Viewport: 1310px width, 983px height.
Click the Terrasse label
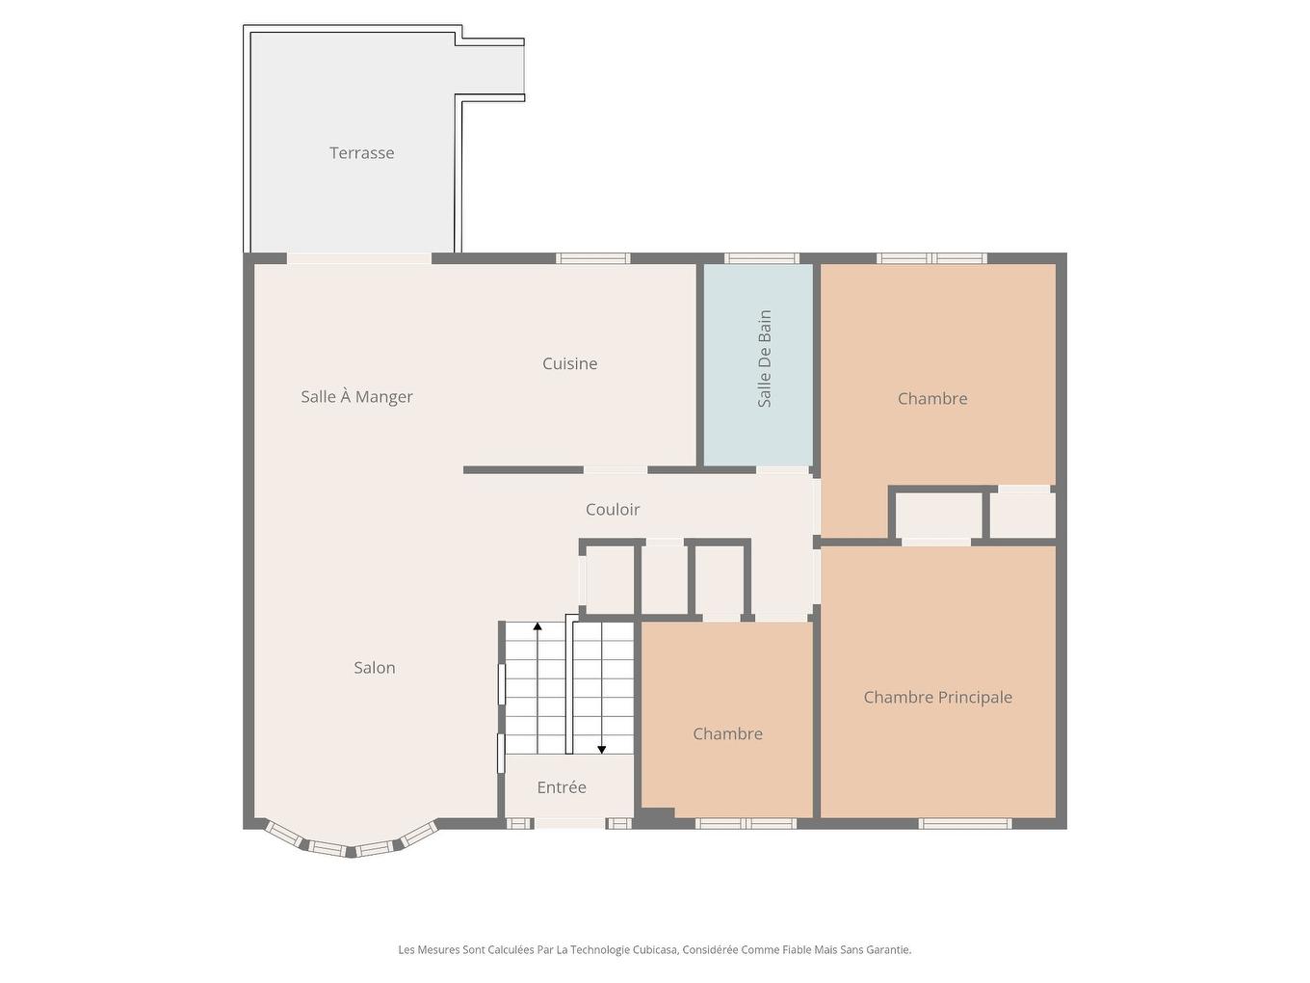[361, 153]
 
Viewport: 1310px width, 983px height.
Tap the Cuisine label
[569, 363]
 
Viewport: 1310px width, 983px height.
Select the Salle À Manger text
[356, 397]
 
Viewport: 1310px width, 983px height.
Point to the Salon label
[374, 667]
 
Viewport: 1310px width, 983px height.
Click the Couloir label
[613, 509]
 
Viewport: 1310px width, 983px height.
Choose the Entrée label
[562, 787]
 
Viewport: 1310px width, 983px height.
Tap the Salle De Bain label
[765, 359]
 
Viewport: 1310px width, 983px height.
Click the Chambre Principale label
[937, 697]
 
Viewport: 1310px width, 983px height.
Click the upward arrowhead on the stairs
[537, 626]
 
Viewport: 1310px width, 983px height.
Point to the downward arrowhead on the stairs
[602, 750]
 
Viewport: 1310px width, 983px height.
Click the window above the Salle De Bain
[762, 258]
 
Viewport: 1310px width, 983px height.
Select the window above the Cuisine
[593, 258]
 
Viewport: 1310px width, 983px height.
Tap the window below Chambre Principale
[964, 824]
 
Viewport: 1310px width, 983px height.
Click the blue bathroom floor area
[758, 365]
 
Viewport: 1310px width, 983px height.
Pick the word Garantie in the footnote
[889, 949]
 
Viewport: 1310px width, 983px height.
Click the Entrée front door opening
[570, 824]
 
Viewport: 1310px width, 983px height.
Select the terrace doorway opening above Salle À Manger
[359, 258]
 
